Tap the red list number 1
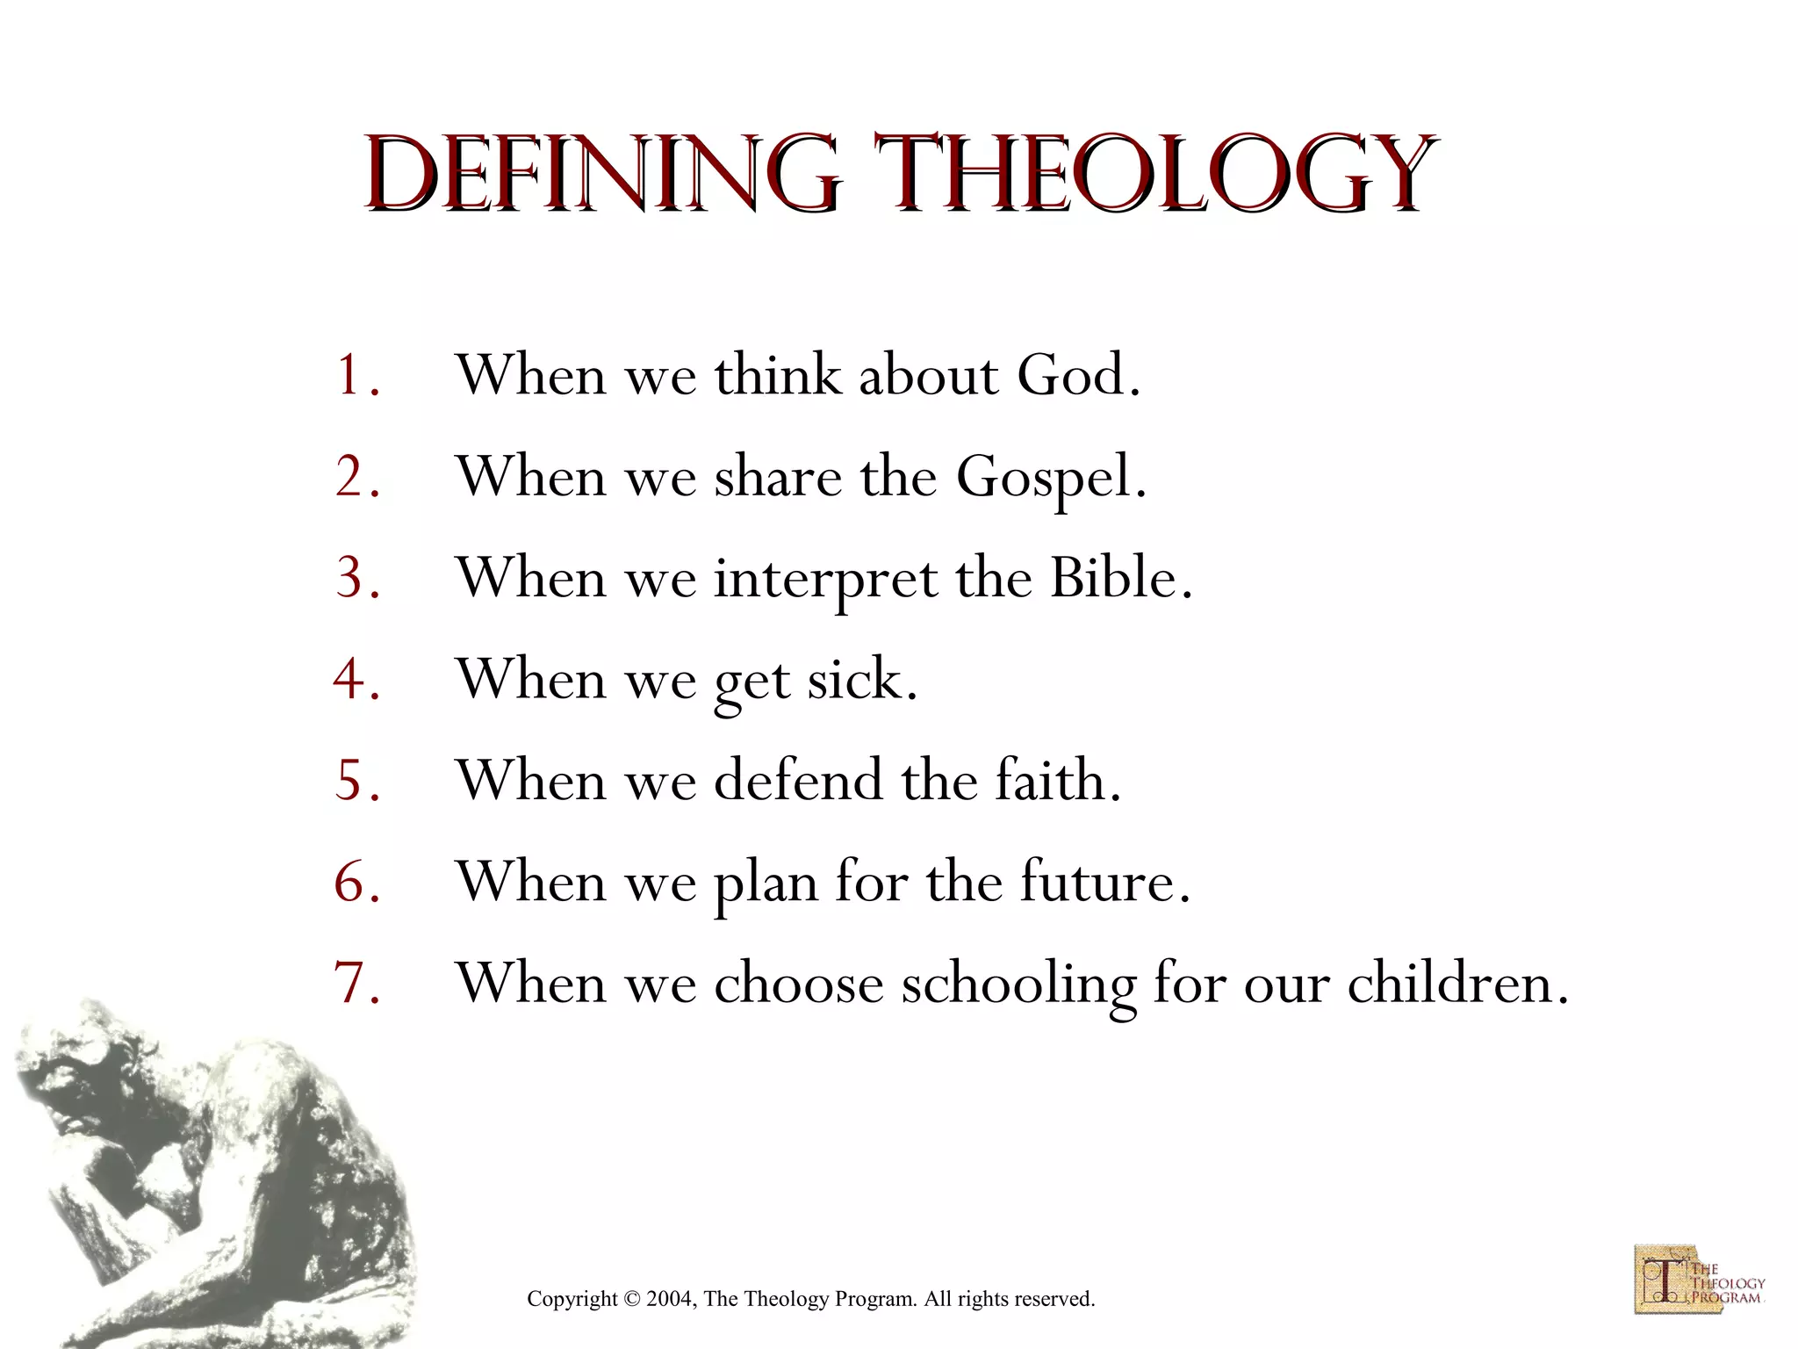click(356, 376)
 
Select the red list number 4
click(356, 680)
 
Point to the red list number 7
click(356, 984)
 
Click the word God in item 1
click(1077, 376)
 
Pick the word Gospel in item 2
click(1050, 479)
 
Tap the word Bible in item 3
click(1120, 579)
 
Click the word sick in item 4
click(860, 680)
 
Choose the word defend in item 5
click(797, 780)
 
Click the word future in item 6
click(1103, 882)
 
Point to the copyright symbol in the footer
click(631, 1299)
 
